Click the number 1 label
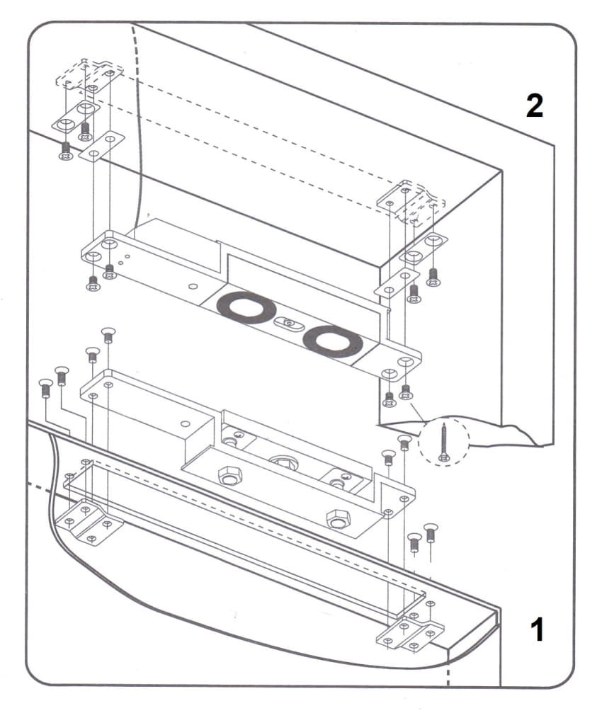tap(538, 629)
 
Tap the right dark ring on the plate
tap(332, 342)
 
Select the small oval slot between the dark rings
tap(289, 324)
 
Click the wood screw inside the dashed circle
tap(444, 442)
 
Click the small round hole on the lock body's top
tap(185, 424)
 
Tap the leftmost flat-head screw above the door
tap(45, 387)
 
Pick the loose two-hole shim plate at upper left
tap(102, 146)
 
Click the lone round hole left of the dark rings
tap(193, 287)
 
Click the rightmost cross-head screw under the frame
tap(434, 276)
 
